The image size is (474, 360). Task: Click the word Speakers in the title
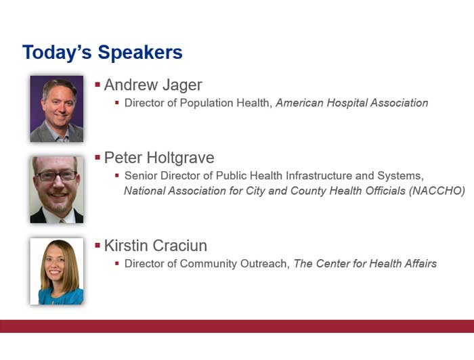click(140, 53)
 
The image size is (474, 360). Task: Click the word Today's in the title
click(57, 52)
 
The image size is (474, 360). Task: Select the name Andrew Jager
click(153, 85)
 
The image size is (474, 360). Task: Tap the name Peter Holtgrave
click(159, 158)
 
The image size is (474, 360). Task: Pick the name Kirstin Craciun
click(155, 246)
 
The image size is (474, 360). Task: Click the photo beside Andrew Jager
click(56, 109)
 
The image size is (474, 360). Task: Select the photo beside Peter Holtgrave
click(56, 189)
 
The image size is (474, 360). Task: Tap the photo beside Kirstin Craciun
click(56, 271)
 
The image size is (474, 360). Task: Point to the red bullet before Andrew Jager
click(98, 85)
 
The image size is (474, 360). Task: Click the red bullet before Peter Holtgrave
click(98, 157)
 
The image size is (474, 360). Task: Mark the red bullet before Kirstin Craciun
click(98, 245)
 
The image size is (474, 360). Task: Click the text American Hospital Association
click(352, 103)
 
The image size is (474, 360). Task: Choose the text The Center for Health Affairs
click(365, 264)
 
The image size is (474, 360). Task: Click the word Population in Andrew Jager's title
click(207, 104)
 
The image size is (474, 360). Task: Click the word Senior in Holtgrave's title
click(141, 175)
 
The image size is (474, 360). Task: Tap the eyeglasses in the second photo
click(56, 176)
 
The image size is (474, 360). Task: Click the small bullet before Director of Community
click(117, 264)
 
